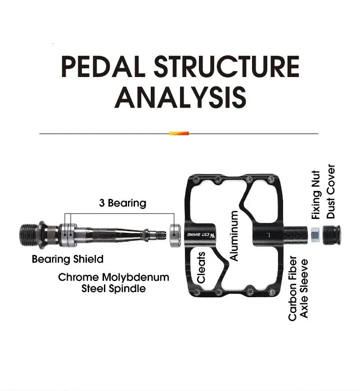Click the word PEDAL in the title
click(x=103, y=66)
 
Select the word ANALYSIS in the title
click(x=180, y=96)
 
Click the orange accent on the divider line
click(x=179, y=133)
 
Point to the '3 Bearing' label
click(x=122, y=203)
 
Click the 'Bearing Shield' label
click(x=67, y=259)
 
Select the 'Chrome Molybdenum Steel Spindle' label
click(x=113, y=282)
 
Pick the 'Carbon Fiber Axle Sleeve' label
click(x=298, y=288)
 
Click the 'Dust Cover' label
click(x=331, y=191)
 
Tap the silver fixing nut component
click(x=315, y=233)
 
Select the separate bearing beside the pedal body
click(x=175, y=234)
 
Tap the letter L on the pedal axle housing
click(x=269, y=234)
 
